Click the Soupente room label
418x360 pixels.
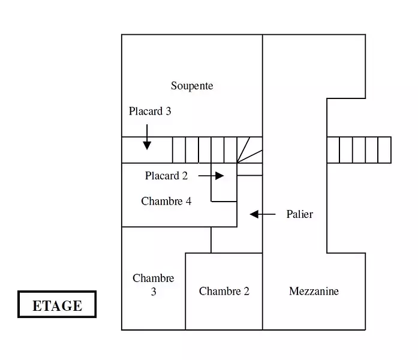(192, 86)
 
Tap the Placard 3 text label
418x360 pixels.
(150, 111)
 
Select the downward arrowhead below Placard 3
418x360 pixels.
(147, 146)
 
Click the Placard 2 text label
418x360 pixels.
(166, 176)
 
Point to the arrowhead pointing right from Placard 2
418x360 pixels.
(219, 176)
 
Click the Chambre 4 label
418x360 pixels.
(166, 202)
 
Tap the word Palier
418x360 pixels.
(300, 214)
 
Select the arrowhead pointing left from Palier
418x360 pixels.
(254, 214)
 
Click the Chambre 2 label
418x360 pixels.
(224, 291)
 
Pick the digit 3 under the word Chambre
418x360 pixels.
(154, 292)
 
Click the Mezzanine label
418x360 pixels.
(314, 291)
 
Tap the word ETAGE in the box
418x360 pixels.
(58, 305)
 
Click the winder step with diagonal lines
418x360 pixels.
(249, 150)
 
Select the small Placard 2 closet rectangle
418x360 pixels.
(224, 182)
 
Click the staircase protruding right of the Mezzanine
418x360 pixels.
(359, 150)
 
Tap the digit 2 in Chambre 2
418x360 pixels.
(246, 291)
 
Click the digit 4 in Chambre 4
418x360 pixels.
(189, 202)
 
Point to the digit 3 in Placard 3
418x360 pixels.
(168, 111)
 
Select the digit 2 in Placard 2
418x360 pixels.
(185, 176)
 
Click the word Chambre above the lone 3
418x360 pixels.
(154, 278)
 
